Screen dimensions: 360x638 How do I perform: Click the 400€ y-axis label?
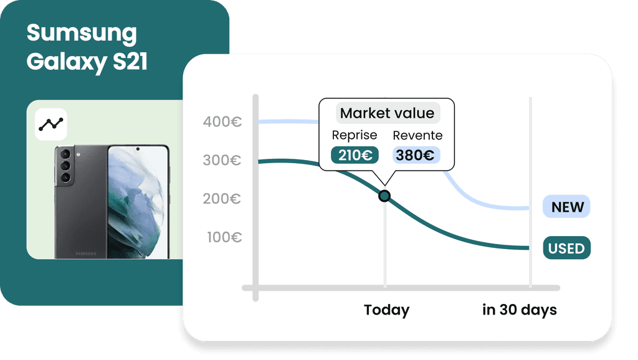click(x=222, y=122)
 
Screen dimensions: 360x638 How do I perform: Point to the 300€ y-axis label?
click(x=222, y=161)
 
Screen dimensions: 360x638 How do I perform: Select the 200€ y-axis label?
click(x=222, y=199)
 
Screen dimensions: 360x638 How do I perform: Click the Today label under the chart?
click(x=386, y=310)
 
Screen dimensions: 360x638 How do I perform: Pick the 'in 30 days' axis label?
click(x=520, y=310)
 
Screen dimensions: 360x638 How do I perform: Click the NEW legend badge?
click(x=566, y=207)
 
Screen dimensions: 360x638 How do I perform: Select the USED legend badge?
click(x=566, y=249)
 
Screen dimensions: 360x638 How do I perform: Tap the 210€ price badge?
click(x=354, y=155)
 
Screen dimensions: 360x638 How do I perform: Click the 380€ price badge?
click(x=416, y=155)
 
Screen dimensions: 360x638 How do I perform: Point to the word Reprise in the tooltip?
click(x=355, y=135)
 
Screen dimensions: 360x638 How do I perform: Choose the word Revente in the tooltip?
click(x=417, y=135)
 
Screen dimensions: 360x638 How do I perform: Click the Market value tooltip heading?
click(x=387, y=113)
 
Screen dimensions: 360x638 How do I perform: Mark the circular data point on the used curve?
click(x=384, y=196)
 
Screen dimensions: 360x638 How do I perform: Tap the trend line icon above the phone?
click(x=51, y=124)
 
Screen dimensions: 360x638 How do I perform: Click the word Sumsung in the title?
click(x=81, y=33)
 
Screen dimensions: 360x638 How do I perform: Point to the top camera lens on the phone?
click(x=65, y=154)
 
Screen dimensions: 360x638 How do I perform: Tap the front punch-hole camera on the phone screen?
click(x=138, y=149)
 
